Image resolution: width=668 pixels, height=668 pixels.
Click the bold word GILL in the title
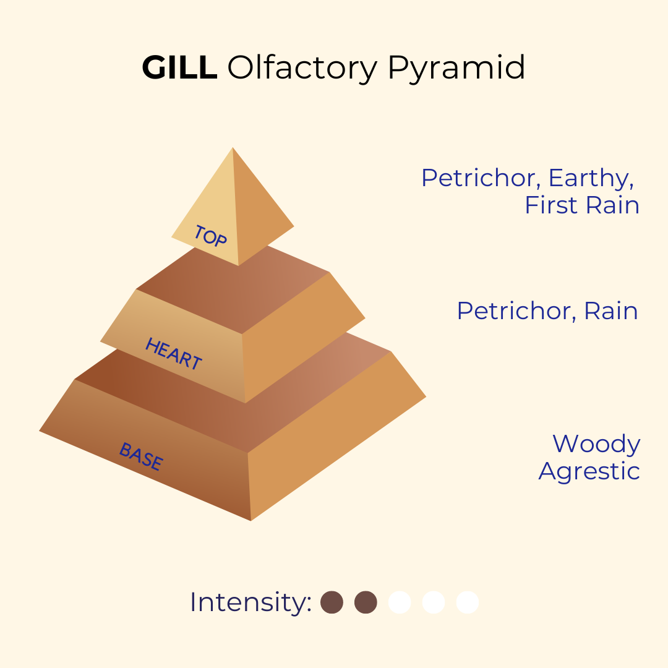pos(179,67)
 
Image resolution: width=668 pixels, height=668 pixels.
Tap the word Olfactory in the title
pos(302,68)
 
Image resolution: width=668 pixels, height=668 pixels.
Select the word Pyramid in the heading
pos(456,68)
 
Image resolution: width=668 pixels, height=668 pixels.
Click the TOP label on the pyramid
pos(210,236)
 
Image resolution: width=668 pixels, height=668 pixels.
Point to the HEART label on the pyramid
pos(173,353)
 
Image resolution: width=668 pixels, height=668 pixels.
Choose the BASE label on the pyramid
pos(141,456)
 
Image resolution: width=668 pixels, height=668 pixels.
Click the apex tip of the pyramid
pos(233,148)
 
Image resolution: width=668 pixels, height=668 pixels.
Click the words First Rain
pos(582,205)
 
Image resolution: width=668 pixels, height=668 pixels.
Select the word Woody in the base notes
pos(596,445)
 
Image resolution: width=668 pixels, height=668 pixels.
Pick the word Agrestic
pos(589,472)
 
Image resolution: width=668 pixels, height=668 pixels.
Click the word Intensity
pos(250,602)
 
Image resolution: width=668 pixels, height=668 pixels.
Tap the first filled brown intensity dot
pos(332,602)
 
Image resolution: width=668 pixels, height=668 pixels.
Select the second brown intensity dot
pos(366,602)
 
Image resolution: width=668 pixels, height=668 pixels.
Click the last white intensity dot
pos(468,602)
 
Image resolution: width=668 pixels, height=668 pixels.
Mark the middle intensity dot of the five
pos(400,602)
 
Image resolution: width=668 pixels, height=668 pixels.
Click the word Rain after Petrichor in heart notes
pos(611,311)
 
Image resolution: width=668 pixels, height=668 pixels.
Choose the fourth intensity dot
pos(434,602)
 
